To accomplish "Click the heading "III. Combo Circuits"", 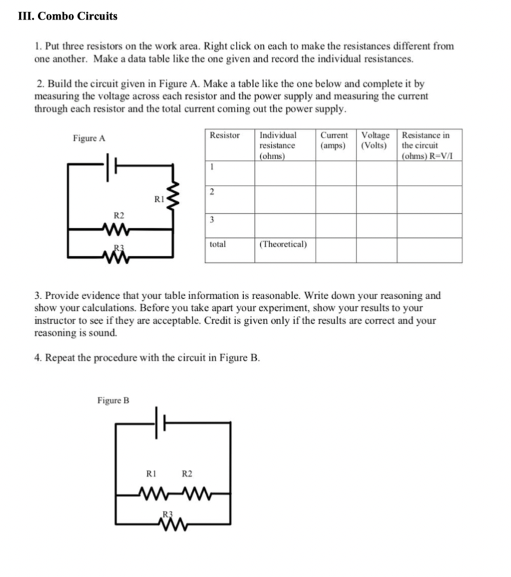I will (x=68, y=16).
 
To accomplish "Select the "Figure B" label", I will (x=113, y=400).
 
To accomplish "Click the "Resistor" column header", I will (x=224, y=135).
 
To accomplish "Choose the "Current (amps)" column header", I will (x=334, y=140).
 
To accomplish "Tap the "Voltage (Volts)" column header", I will (x=375, y=140).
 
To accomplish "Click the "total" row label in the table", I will (x=218, y=244).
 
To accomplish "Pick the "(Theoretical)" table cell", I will (x=283, y=244).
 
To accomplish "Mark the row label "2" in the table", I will (x=212, y=191).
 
